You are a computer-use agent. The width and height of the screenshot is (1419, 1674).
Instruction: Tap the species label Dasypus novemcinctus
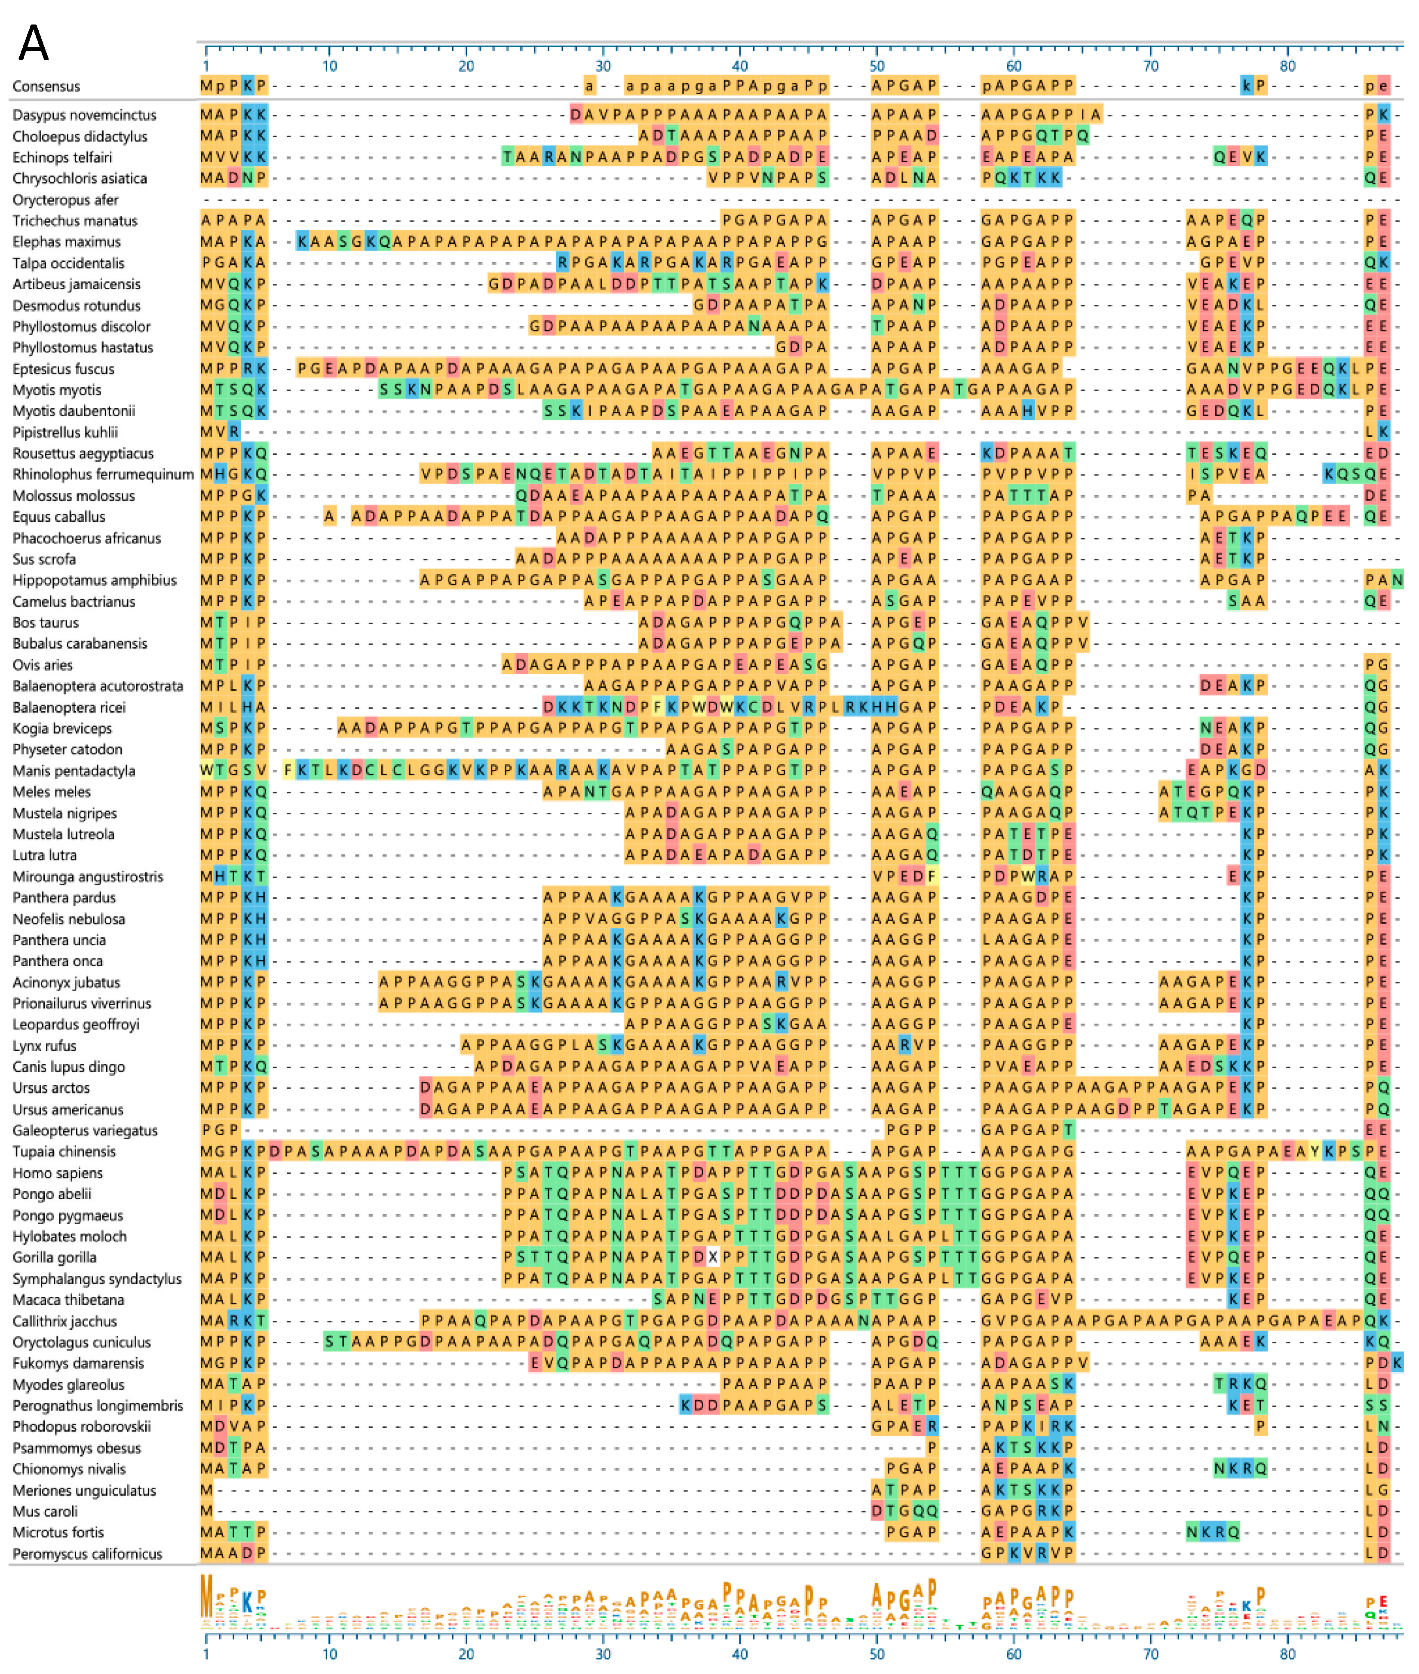[84, 115]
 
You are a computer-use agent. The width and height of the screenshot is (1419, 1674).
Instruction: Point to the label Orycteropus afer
[65, 199]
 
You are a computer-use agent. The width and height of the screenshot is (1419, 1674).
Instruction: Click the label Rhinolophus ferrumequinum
[103, 474]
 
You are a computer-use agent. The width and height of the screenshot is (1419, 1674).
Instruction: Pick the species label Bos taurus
[45, 622]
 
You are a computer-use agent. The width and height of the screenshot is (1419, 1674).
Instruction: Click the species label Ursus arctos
[51, 1088]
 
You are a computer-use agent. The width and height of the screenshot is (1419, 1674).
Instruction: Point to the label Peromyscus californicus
[87, 1553]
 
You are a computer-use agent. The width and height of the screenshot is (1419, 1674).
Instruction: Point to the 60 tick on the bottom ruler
[1014, 1654]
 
